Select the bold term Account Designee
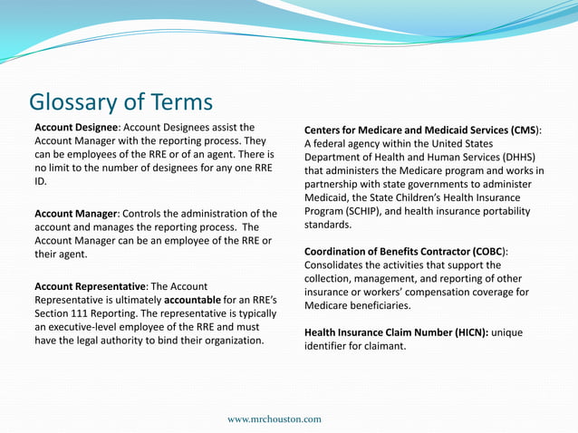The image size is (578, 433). pyautogui.click(x=76, y=127)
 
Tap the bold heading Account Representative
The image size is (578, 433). pyautogui.click(x=89, y=285)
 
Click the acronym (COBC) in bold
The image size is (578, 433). pyautogui.click(x=488, y=251)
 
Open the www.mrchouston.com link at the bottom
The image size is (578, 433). pyautogui.click(x=274, y=419)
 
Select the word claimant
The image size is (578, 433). pyautogui.click(x=383, y=346)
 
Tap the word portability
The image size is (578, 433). pyautogui.click(x=500, y=211)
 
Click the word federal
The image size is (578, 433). pyautogui.click(x=332, y=143)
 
